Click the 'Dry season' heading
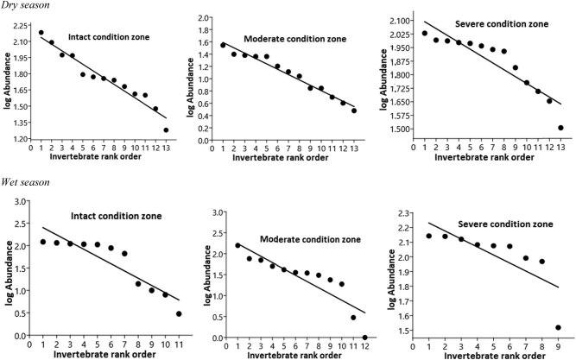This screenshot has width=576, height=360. (25, 6)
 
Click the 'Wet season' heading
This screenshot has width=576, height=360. (25, 184)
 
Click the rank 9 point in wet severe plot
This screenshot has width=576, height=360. (560, 327)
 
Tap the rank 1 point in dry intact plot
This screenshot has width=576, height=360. (41, 33)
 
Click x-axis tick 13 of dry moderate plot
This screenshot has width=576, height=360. (354, 147)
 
